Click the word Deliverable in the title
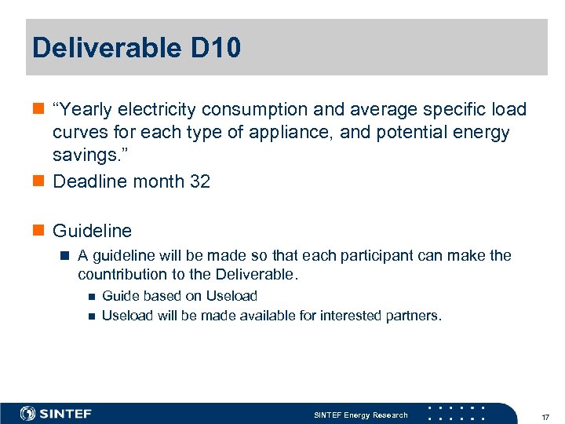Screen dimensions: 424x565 (x=107, y=48)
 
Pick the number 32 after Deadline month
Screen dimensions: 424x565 (x=200, y=181)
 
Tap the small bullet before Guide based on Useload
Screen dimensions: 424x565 (x=89, y=297)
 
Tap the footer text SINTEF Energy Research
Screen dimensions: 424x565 (x=360, y=415)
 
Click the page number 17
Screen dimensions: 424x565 (x=545, y=415)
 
